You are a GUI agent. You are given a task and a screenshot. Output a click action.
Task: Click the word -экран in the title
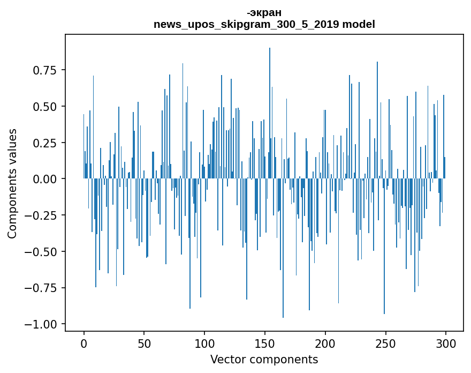coord(264,12)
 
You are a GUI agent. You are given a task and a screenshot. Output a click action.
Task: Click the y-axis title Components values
coord(12,183)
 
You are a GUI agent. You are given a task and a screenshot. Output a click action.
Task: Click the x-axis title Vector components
coord(264,360)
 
